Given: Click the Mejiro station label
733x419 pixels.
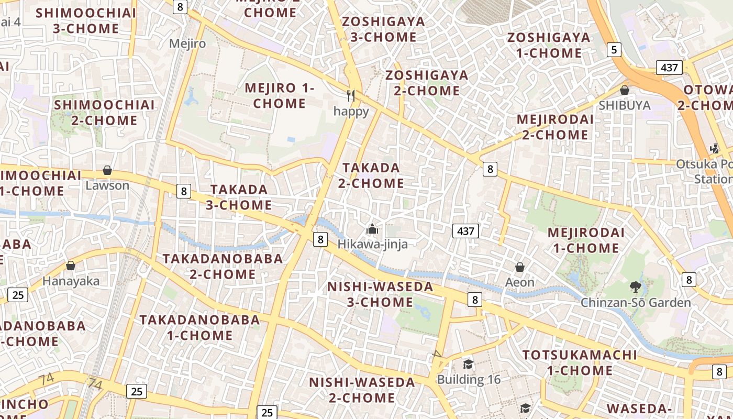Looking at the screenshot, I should [x=187, y=43].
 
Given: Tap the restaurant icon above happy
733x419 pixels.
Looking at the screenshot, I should [x=351, y=95].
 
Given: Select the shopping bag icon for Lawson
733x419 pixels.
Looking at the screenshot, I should [x=107, y=170].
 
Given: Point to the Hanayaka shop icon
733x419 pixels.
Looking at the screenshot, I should [x=71, y=266].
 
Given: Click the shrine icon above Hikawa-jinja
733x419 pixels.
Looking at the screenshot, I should [x=372, y=229].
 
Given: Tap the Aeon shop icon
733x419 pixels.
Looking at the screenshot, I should [x=520, y=268].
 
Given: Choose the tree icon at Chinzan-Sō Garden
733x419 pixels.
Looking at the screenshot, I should [x=636, y=287].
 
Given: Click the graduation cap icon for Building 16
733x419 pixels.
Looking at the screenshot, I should [x=469, y=364].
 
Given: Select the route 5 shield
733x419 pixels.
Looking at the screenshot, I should [x=614, y=50].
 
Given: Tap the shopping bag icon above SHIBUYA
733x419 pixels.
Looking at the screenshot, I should [x=624, y=90].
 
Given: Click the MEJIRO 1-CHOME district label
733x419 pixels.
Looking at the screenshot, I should [x=280, y=96].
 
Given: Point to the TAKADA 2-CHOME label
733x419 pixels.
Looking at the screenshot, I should [x=371, y=175].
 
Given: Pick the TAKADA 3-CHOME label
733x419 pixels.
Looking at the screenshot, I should [x=239, y=197].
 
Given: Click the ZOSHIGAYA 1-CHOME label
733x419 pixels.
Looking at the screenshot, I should [x=549, y=45].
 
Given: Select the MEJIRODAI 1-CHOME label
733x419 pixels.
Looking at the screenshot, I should [x=586, y=240].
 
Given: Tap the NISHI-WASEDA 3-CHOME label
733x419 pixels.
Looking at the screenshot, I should [x=380, y=294].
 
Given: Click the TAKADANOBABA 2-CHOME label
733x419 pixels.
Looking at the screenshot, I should [x=223, y=266].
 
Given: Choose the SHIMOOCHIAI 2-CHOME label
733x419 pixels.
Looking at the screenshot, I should [x=105, y=113].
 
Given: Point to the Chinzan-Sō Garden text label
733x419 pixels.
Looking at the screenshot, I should [x=636, y=303].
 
